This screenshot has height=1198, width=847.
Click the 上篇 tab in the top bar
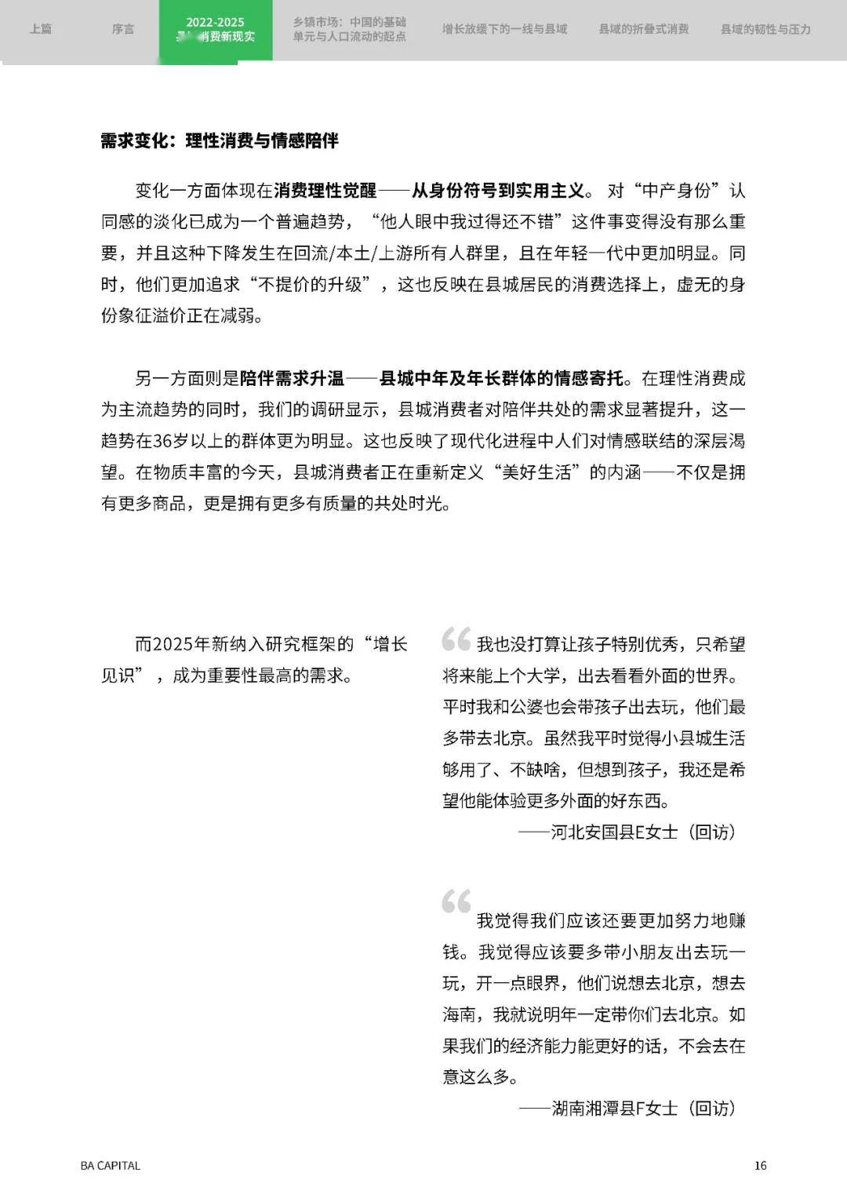click(x=40, y=29)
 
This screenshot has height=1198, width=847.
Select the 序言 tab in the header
click(x=122, y=29)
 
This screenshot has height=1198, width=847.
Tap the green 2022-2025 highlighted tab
click(x=215, y=30)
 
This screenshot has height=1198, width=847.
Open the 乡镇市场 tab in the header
click(x=350, y=30)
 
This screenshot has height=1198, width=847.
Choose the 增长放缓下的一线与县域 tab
click(x=504, y=29)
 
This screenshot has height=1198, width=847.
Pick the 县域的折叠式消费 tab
click(x=643, y=29)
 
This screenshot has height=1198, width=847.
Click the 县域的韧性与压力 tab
click(x=765, y=29)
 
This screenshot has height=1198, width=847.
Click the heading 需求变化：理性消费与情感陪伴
click(x=220, y=141)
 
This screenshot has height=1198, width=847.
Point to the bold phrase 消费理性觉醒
click(x=325, y=191)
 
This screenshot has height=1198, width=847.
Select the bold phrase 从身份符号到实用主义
click(x=498, y=191)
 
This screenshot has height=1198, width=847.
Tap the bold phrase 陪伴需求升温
click(x=292, y=379)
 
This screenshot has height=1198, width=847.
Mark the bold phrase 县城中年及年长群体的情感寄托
click(x=502, y=379)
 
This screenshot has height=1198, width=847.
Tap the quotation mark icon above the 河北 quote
click(x=456, y=639)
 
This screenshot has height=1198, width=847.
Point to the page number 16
click(x=760, y=1165)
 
